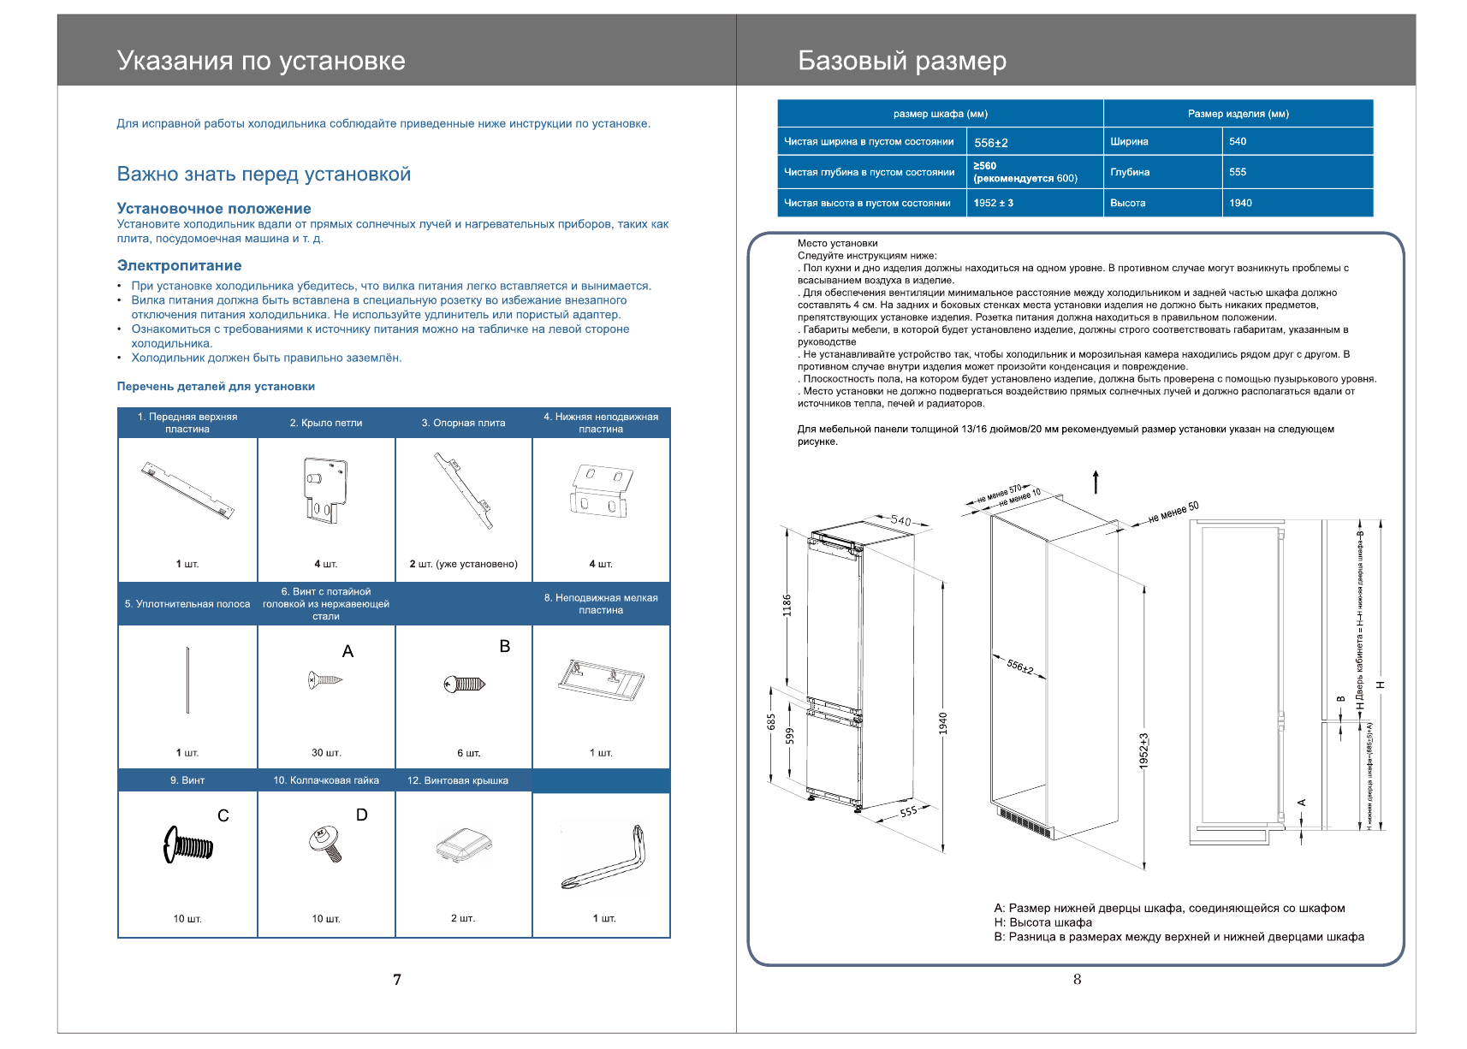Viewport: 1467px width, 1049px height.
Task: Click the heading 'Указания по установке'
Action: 261,61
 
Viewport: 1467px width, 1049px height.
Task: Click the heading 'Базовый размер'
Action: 901,61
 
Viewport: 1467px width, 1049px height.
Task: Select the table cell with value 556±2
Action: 991,143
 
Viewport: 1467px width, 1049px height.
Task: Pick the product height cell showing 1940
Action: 1240,203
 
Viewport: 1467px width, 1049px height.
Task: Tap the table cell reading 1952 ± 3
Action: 994,203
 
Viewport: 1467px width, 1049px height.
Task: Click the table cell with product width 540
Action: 1238,141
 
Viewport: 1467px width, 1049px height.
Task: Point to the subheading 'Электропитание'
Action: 179,265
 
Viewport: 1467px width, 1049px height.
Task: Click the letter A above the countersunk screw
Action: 347,652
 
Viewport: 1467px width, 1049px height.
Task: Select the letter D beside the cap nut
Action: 361,815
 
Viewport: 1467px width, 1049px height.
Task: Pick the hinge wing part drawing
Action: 325,489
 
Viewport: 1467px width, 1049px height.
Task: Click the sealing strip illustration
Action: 187,680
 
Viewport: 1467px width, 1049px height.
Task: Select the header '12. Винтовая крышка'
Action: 458,780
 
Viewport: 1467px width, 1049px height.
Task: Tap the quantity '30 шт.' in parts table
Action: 326,753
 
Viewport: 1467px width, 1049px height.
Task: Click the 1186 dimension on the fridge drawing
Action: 787,605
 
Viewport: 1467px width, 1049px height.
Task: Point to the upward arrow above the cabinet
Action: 1096,482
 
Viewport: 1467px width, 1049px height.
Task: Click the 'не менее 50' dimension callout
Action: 1173,512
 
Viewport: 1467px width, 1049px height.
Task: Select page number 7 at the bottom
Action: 397,980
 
